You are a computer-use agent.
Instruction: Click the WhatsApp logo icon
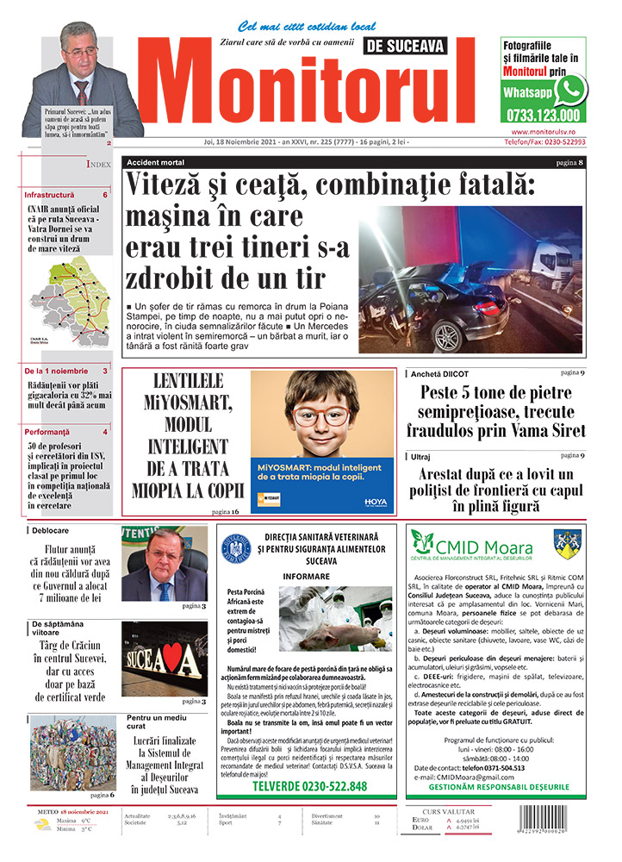click(x=570, y=90)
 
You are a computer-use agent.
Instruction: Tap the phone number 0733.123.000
click(x=543, y=114)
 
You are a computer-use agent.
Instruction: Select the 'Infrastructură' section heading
click(x=49, y=196)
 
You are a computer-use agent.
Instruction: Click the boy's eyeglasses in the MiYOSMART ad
click(x=320, y=416)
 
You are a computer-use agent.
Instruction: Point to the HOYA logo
click(x=376, y=500)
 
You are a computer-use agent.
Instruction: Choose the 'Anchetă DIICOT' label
click(x=444, y=373)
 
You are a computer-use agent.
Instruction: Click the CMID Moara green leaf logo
click(x=421, y=543)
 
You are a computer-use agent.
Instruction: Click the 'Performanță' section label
click(x=47, y=431)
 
